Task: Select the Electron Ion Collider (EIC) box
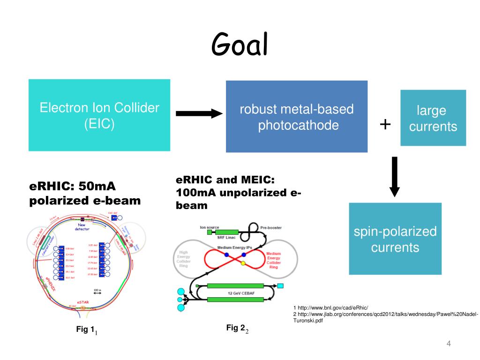coord(99,115)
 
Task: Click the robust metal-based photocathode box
coord(297,117)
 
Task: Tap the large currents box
coord(433,118)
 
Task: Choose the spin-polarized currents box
coord(395,239)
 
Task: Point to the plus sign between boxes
coord(385,124)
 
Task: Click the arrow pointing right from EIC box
coord(199,113)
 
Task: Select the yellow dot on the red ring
coord(243,264)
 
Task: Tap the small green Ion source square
coord(210,232)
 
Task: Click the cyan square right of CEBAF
coord(280,285)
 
